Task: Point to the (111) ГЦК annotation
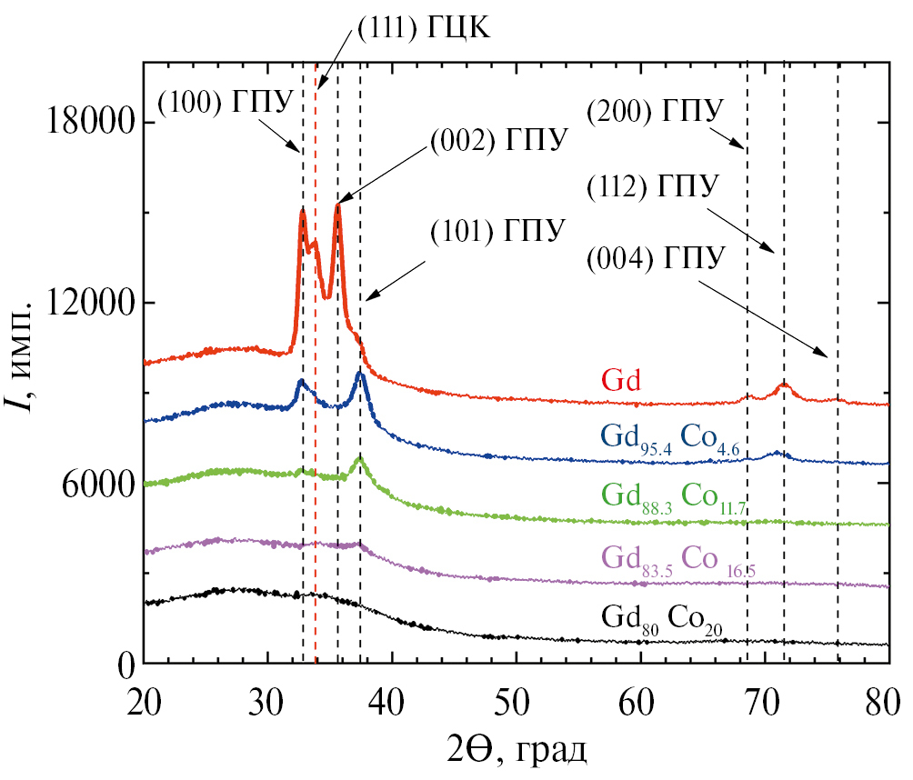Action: coord(423,29)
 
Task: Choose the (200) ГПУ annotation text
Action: coord(655,111)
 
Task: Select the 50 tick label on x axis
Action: coord(515,702)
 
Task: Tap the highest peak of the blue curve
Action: coord(360,373)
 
